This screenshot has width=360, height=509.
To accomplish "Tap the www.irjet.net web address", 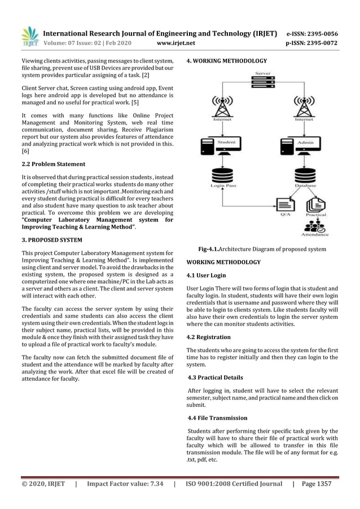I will point(177,42).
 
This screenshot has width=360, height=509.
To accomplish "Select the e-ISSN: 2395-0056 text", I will point(312,33).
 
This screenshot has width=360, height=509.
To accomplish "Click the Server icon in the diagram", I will point(262,83).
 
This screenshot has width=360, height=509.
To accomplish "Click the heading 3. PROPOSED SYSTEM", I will point(51,240).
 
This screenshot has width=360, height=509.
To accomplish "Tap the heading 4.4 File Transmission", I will point(217,418).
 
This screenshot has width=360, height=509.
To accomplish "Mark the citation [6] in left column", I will point(25,152).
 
